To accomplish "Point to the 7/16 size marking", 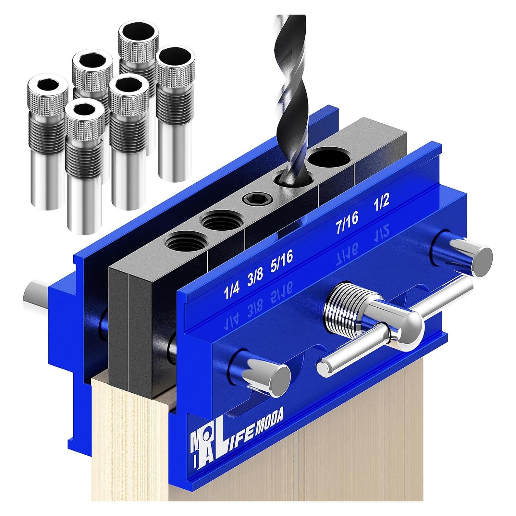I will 347,221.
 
